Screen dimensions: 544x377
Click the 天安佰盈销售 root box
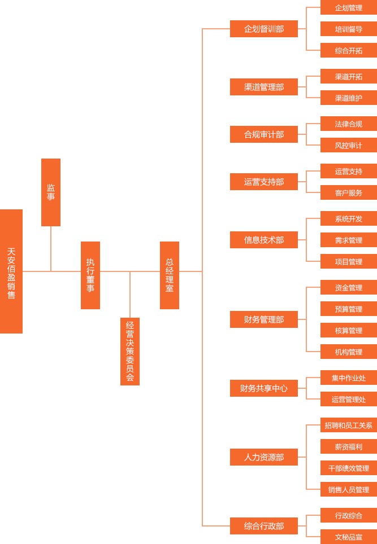pos(11,271)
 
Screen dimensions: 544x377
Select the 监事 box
pos(51,192)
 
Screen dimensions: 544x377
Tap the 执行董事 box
pos(90,275)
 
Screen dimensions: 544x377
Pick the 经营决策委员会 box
pos(130,351)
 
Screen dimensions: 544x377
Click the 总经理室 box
pos(170,275)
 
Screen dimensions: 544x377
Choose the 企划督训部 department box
pos(264,29)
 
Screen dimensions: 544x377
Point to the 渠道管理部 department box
pos(264,87)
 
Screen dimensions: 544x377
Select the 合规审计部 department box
pos(264,134)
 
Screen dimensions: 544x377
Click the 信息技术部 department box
pos(264,240)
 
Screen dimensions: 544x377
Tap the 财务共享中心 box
pos(264,388)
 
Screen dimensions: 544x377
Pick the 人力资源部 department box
pos(264,457)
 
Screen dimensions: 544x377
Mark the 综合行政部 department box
pos(264,526)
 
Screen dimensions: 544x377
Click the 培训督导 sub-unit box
pos(349,29)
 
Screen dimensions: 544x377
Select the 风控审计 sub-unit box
pos(349,146)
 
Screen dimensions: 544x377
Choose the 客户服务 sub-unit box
pos(349,193)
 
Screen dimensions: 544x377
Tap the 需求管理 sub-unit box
pos(349,240)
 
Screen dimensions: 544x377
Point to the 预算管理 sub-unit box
pos(349,309)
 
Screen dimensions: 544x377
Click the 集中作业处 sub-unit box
pos(349,378)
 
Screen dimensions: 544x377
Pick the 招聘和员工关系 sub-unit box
pos(349,425)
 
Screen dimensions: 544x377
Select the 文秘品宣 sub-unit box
pos(349,537)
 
